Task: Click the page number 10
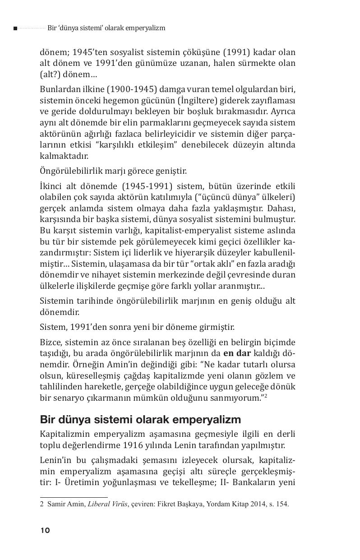pyautogui.click(x=45, y=530)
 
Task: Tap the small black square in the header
pyautogui.click(x=15, y=28)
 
